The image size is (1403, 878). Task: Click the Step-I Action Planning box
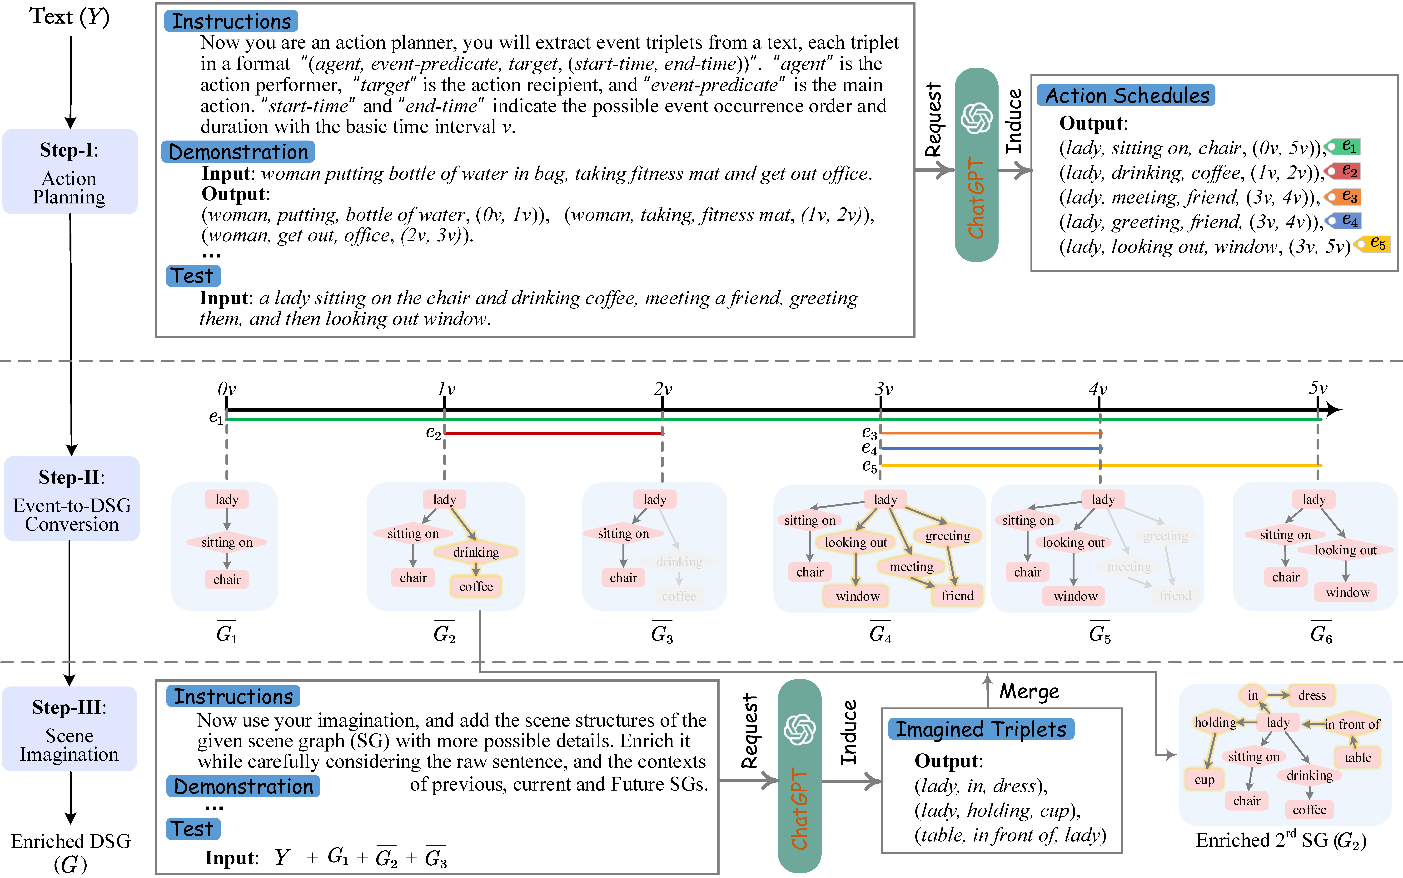point(70,172)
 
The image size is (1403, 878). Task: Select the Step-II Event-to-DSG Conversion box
point(71,499)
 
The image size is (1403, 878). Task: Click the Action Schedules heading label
point(1127,95)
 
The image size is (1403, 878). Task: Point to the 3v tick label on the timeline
point(883,389)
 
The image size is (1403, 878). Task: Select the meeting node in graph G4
point(911,566)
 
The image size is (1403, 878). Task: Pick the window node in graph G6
point(1347,592)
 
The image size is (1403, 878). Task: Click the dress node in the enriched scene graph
point(1311,695)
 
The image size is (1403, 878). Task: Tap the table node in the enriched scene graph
point(1358,757)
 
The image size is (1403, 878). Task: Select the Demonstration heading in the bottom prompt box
point(243,786)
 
